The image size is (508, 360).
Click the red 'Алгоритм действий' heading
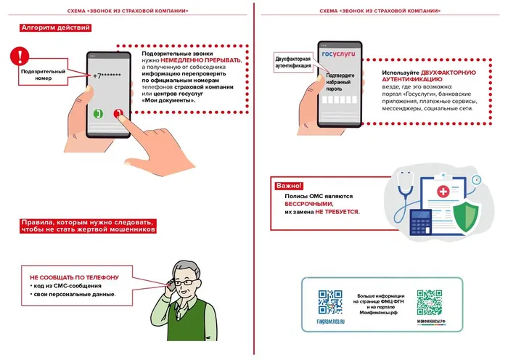point(55,28)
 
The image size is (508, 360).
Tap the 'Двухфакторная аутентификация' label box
point(293,62)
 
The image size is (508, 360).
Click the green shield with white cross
point(462,216)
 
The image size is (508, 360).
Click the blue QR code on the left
point(330,301)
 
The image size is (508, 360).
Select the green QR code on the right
point(429,301)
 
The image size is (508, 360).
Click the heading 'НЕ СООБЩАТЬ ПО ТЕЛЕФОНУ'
point(74,277)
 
